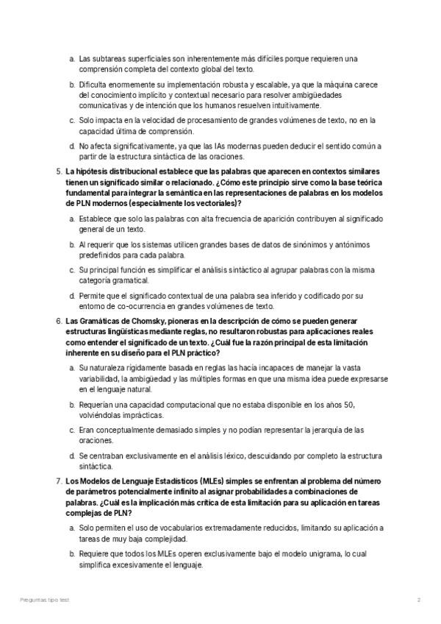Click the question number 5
[58, 171]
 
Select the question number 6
[58, 322]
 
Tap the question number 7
[58, 481]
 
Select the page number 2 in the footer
[418, 600]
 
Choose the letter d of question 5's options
[71, 296]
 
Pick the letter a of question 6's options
[71, 366]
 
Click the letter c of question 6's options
[71, 429]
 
